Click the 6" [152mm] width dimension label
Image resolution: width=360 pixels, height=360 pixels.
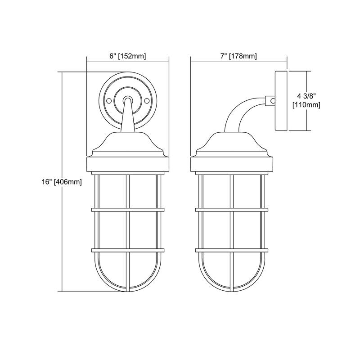point(128,56)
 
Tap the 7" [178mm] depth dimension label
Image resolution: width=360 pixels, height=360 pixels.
point(238,56)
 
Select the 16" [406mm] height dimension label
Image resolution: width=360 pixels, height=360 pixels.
point(62,182)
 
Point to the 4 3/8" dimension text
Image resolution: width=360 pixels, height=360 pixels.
point(306,96)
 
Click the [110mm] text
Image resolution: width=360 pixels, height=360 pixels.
point(306,105)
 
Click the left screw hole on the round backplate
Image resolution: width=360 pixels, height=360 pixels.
point(109,101)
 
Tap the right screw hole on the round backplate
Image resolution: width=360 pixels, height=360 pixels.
point(147,101)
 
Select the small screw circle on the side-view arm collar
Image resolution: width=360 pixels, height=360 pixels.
point(273,100)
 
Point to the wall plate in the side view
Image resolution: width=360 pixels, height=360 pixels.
point(281,101)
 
